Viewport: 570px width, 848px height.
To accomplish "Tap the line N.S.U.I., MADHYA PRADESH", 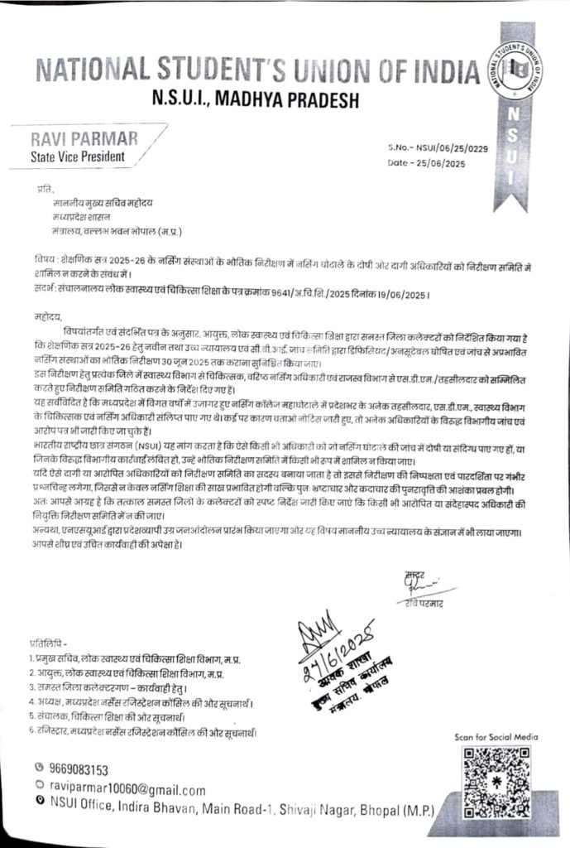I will [258, 100].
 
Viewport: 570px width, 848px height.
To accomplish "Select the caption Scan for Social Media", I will [496, 736].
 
